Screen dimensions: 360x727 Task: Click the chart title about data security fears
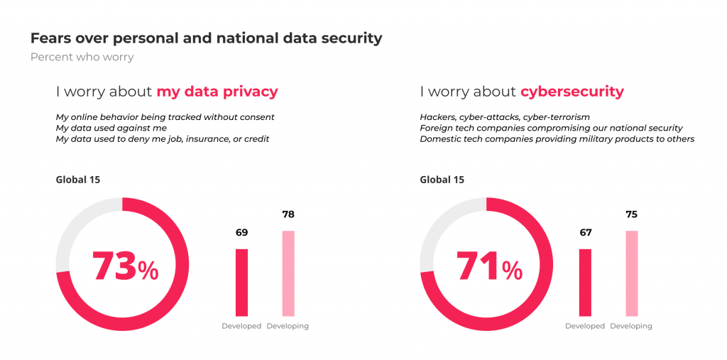pos(206,38)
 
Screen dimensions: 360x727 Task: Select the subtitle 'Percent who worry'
pos(82,57)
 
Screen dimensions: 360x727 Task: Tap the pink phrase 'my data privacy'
pos(217,92)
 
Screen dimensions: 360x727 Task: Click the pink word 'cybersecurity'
pos(572,92)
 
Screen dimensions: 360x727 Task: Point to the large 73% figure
pos(125,267)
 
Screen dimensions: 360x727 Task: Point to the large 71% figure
pos(488,267)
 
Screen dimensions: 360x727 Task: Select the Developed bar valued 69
pos(241,282)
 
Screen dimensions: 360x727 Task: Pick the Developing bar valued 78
pos(288,273)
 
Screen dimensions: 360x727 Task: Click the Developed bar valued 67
pos(585,282)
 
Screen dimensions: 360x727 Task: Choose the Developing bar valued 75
pos(631,273)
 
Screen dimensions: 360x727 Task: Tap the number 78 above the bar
pos(288,214)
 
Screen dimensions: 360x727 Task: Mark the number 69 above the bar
pos(241,232)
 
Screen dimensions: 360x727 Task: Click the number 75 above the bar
pos(631,214)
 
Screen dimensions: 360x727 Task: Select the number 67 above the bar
pos(585,232)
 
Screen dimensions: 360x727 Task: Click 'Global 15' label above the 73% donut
pos(78,180)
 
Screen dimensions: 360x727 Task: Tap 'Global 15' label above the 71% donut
pos(442,180)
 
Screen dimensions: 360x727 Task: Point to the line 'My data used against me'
pos(111,128)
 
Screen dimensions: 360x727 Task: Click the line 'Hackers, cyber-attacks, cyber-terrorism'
pos(505,116)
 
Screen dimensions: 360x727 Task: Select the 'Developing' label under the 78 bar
pos(288,326)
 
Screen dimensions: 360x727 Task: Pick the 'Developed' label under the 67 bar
pos(585,326)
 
